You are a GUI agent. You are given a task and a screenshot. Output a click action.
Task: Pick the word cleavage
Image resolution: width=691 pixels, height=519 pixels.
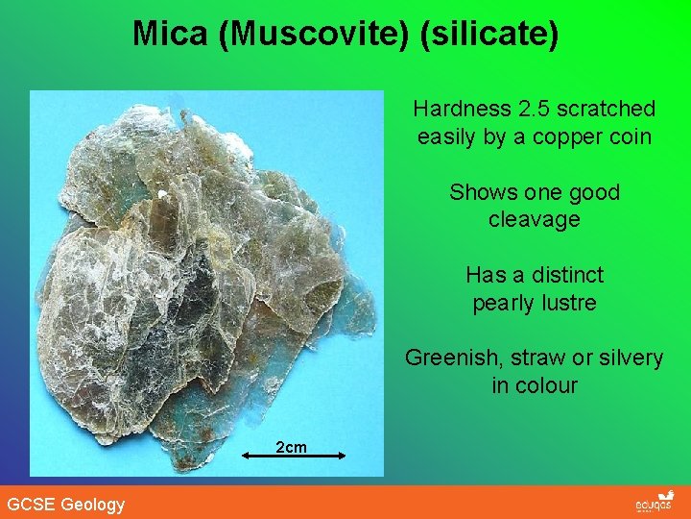click(x=534, y=220)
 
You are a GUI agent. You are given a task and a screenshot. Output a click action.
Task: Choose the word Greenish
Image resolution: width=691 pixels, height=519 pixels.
click(x=447, y=358)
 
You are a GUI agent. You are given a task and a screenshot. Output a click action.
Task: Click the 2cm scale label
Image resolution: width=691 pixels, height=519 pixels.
click(x=291, y=447)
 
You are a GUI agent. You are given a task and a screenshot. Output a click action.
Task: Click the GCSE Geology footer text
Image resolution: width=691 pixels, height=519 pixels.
click(x=65, y=504)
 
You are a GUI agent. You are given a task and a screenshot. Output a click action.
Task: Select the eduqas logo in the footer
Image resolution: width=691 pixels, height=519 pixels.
click(x=655, y=503)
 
